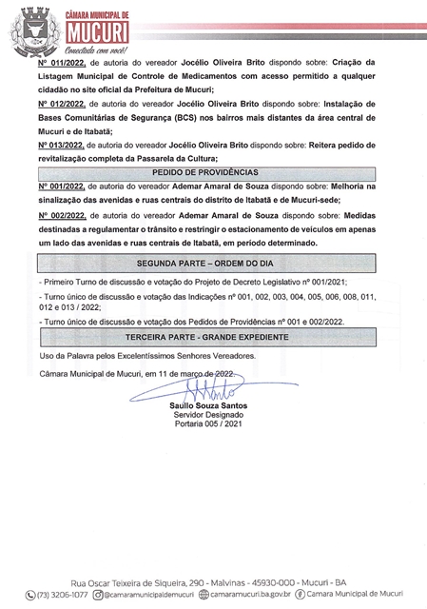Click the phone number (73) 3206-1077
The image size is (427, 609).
[68, 596]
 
